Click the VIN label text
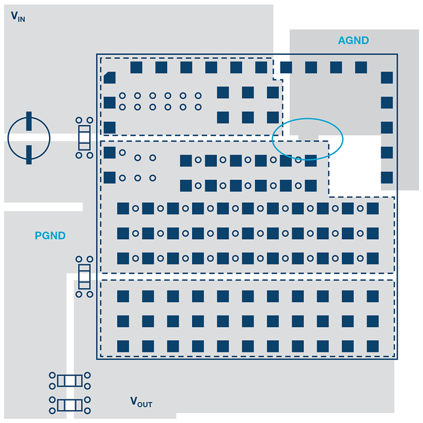18,16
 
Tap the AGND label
353,41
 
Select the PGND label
50,236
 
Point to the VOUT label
141,402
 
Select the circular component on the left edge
29,138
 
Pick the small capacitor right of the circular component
84,138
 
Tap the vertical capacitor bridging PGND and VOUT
84,276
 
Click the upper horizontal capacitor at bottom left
70,381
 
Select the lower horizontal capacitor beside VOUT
70,404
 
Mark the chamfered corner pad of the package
110,78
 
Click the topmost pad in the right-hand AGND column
386,78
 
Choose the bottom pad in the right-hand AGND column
386,178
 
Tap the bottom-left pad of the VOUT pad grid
123,346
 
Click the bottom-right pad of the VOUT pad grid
372,346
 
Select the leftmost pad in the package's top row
136,68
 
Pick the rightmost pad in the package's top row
361,68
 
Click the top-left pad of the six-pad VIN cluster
223,92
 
